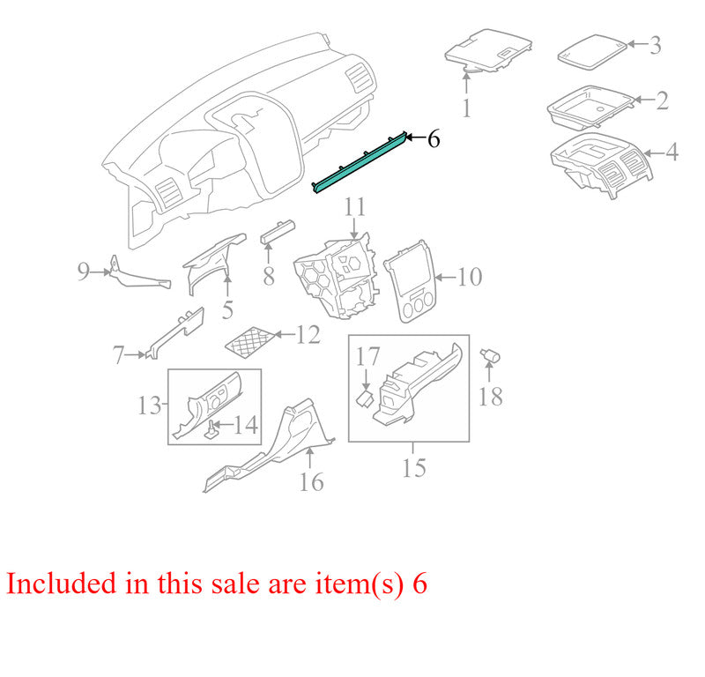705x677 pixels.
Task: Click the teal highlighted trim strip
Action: pyautogui.click(x=360, y=163)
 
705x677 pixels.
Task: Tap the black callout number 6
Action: pyautogui.click(x=434, y=139)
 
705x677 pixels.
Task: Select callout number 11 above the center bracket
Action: pyautogui.click(x=355, y=207)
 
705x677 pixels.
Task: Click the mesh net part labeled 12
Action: pyautogui.click(x=250, y=342)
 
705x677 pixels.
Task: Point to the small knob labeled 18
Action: pyautogui.click(x=490, y=356)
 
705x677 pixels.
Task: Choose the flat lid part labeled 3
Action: pyautogui.click(x=592, y=52)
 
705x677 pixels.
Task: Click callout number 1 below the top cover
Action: pyautogui.click(x=466, y=108)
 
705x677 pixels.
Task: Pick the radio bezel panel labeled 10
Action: pyautogui.click(x=409, y=281)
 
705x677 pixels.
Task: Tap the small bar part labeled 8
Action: pyautogui.click(x=278, y=232)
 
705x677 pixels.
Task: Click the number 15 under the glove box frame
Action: pyautogui.click(x=413, y=467)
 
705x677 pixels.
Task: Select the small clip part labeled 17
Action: pyautogui.click(x=365, y=398)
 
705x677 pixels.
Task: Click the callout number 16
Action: pyautogui.click(x=311, y=482)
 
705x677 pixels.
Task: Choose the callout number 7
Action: pyautogui.click(x=118, y=354)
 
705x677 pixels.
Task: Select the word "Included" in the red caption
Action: pyautogui.click(x=62, y=583)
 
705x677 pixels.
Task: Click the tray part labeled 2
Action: pyautogui.click(x=590, y=106)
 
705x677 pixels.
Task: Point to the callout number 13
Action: pyautogui.click(x=149, y=405)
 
